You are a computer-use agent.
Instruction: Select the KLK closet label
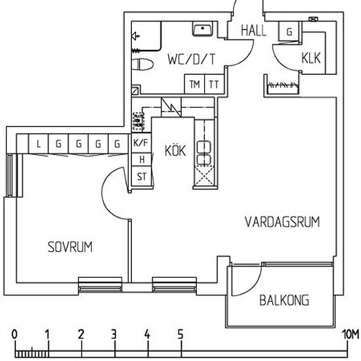[x=310, y=57]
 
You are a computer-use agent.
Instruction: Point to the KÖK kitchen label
[x=175, y=150]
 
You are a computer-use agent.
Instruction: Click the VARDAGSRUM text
[x=282, y=222]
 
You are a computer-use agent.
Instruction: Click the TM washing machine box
[x=194, y=84]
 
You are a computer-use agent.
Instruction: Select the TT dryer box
[x=214, y=84]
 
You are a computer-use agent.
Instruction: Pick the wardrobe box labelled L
[x=40, y=143]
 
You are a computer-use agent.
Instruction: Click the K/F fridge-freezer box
[x=140, y=143]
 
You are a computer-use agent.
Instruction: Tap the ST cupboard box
[x=140, y=176]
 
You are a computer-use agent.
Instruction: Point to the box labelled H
[x=140, y=159]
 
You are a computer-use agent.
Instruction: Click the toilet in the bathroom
[x=142, y=65]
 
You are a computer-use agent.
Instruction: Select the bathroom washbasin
[x=202, y=30]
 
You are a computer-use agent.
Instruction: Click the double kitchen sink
[x=203, y=152]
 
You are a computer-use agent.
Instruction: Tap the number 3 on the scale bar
[x=114, y=334]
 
